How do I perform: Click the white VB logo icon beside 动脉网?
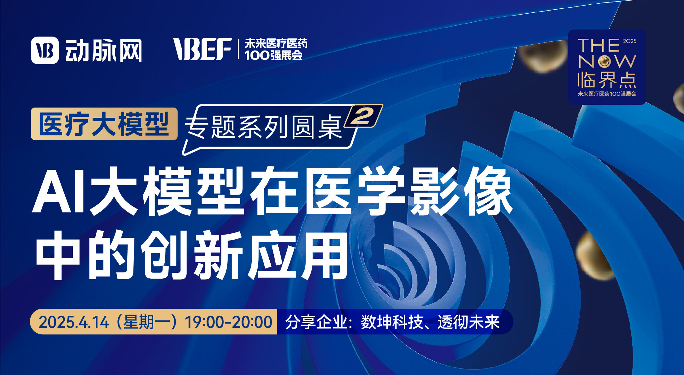tap(45, 50)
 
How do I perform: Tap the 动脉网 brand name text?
tap(103, 51)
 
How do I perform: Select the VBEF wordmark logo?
tap(203, 49)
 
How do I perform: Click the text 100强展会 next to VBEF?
tap(273, 55)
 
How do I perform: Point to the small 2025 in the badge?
tap(630, 41)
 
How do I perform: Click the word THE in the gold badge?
tap(599, 46)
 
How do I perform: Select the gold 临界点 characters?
tap(607, 80)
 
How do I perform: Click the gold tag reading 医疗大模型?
tap(104, 124)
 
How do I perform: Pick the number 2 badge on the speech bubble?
tap(363, 116)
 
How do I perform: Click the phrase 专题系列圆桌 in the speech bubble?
tap(264, 127)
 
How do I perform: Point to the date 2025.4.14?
tap(74, 322)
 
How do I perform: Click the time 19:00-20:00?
tap(229, 322)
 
